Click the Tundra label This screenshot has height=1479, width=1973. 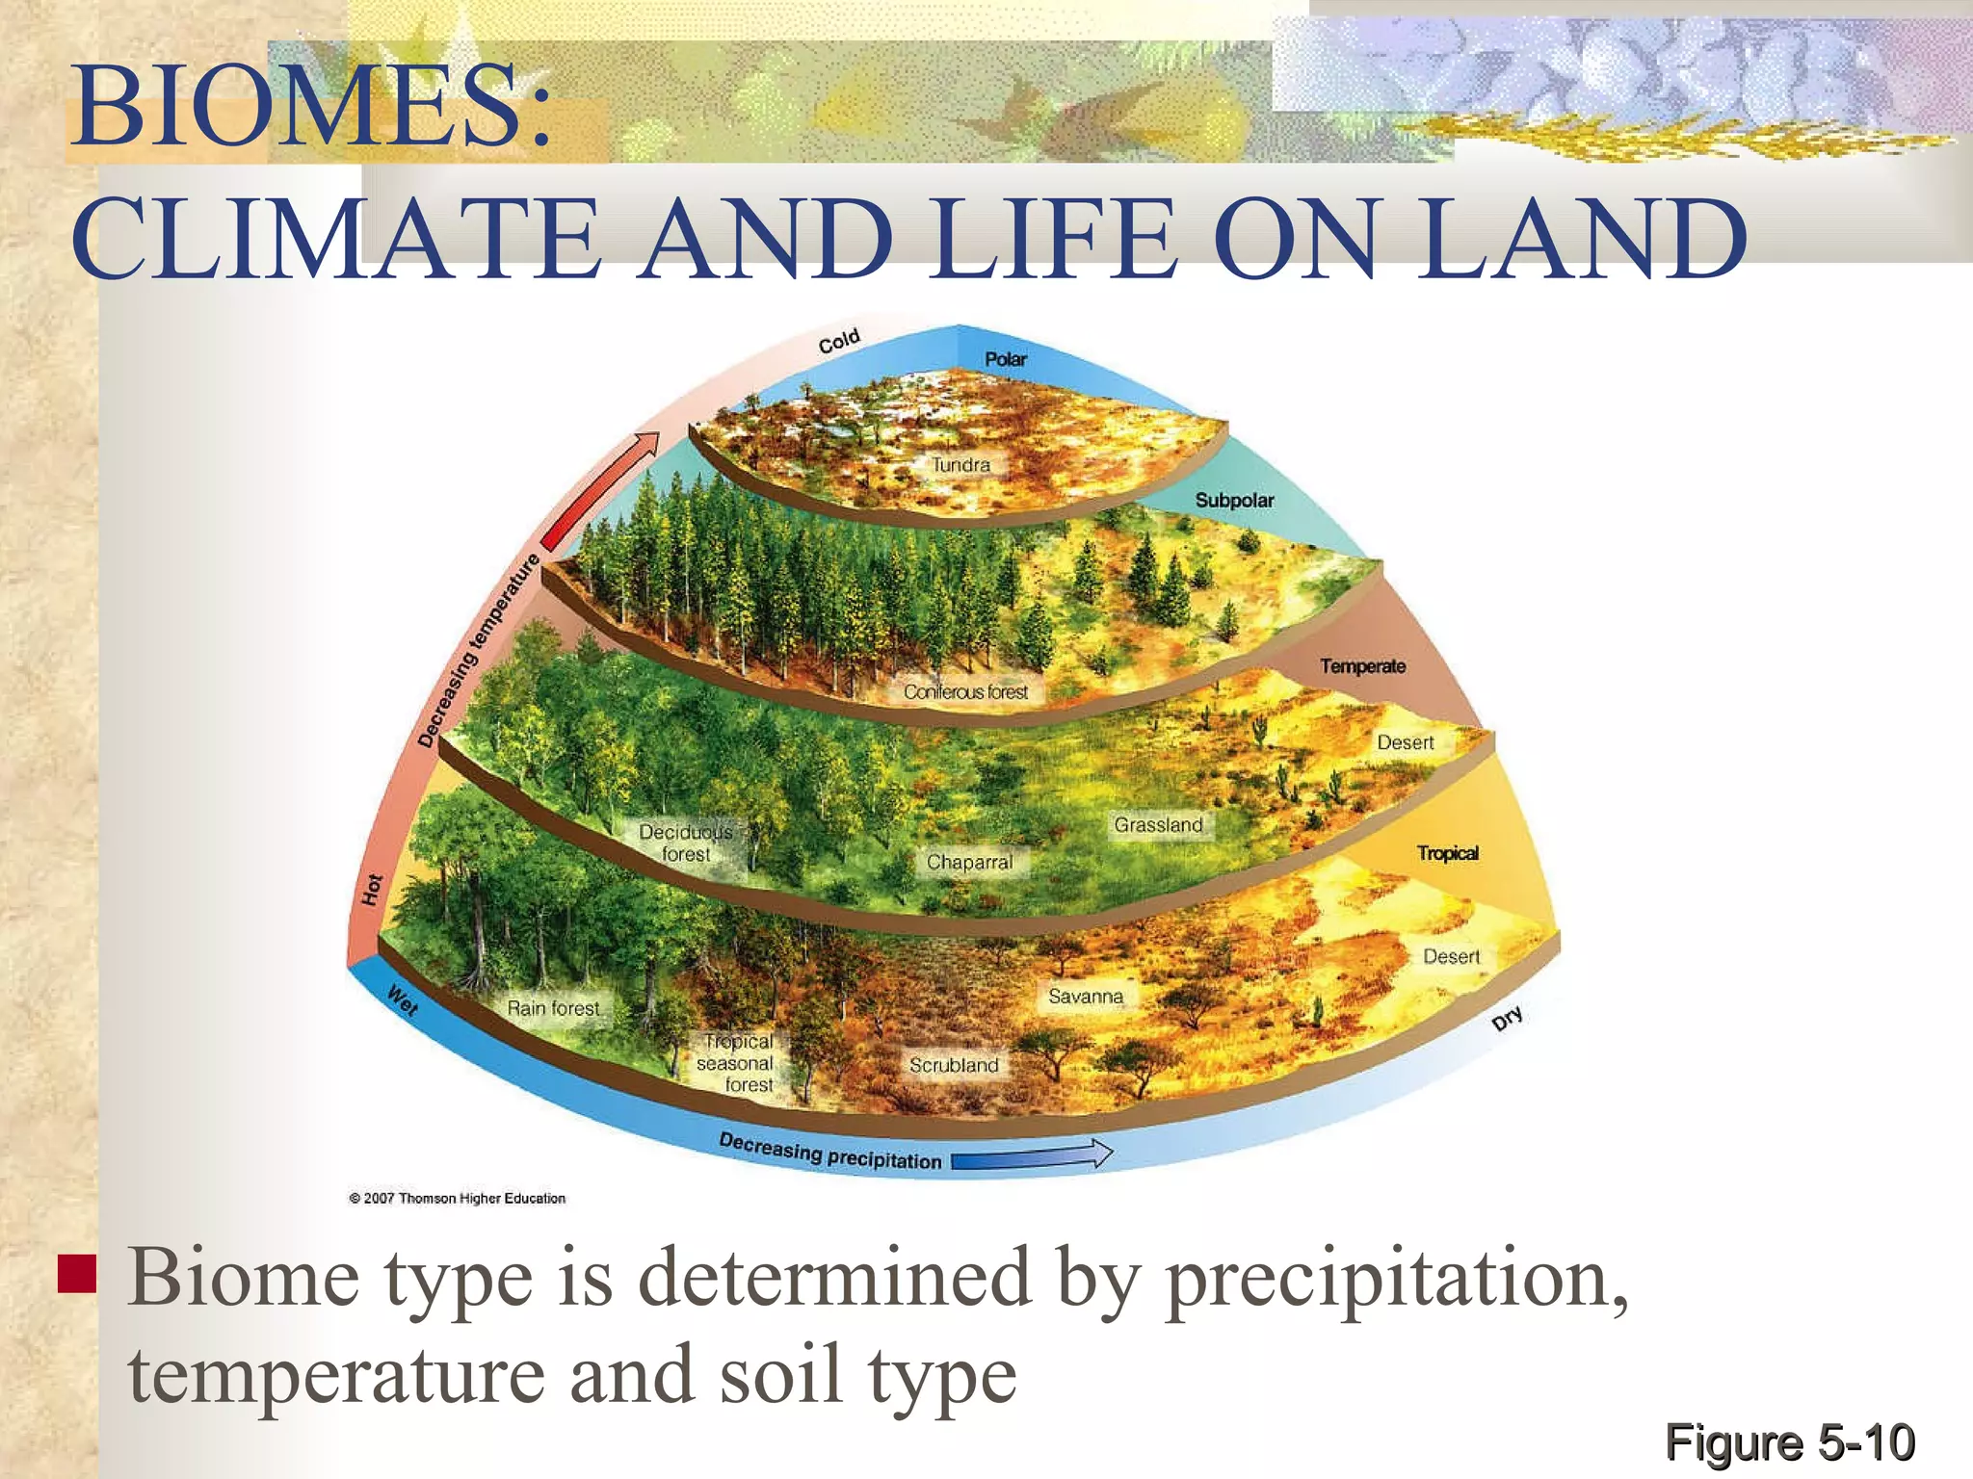960,465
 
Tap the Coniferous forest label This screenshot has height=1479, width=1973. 965,692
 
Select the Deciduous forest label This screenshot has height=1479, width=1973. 686,843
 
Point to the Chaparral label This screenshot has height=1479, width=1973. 969,863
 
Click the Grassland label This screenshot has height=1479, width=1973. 1158,825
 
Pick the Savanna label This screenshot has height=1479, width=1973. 1086,997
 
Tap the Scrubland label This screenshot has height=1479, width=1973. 954,1065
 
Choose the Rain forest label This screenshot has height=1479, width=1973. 553,1008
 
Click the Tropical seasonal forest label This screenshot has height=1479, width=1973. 737,1063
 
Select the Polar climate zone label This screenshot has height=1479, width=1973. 1006,359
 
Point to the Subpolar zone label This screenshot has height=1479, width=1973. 1234,501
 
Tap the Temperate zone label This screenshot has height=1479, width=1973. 1362,666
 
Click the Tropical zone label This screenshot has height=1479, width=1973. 1447,853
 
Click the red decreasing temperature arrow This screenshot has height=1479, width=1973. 600,491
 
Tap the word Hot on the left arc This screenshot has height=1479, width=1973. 373,890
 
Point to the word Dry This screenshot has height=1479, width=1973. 1508,1018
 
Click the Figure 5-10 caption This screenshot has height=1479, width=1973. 1789,1442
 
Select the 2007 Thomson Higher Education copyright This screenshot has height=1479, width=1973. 458,1199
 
